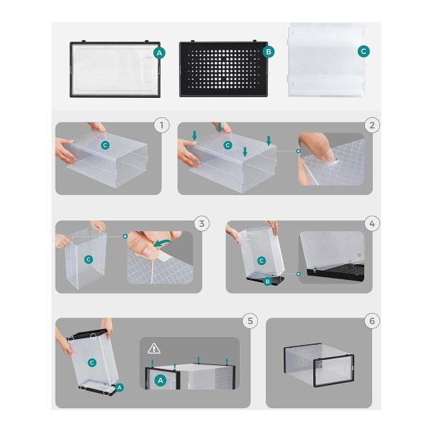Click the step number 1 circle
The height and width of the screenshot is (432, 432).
(161, 125)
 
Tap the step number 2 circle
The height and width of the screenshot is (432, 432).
(372, 125)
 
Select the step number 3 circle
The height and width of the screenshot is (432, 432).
(202, 223)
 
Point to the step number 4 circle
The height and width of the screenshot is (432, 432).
(372, 223)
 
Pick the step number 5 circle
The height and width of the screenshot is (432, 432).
(250, 321)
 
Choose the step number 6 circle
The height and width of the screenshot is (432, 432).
(372, 321)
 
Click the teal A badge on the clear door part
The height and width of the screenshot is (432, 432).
(159, 53)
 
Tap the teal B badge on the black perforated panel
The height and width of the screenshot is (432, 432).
(269, 52)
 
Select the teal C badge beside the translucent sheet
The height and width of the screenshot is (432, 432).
(364, 51)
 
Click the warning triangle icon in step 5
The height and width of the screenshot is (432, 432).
(154, 348)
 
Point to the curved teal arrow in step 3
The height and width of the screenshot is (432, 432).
(163, 243)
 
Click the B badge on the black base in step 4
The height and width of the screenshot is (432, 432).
(268, 282)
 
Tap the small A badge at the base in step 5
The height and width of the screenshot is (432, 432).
(120, 387)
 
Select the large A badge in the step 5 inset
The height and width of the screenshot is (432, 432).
(161, 381)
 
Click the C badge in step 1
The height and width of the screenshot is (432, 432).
(105, 145)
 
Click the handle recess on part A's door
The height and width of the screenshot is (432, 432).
(150, 71)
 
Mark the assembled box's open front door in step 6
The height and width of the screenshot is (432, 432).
(334, 371)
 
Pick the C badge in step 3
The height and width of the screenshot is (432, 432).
(88, 259)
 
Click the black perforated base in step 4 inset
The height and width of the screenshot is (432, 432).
(336, 272)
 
